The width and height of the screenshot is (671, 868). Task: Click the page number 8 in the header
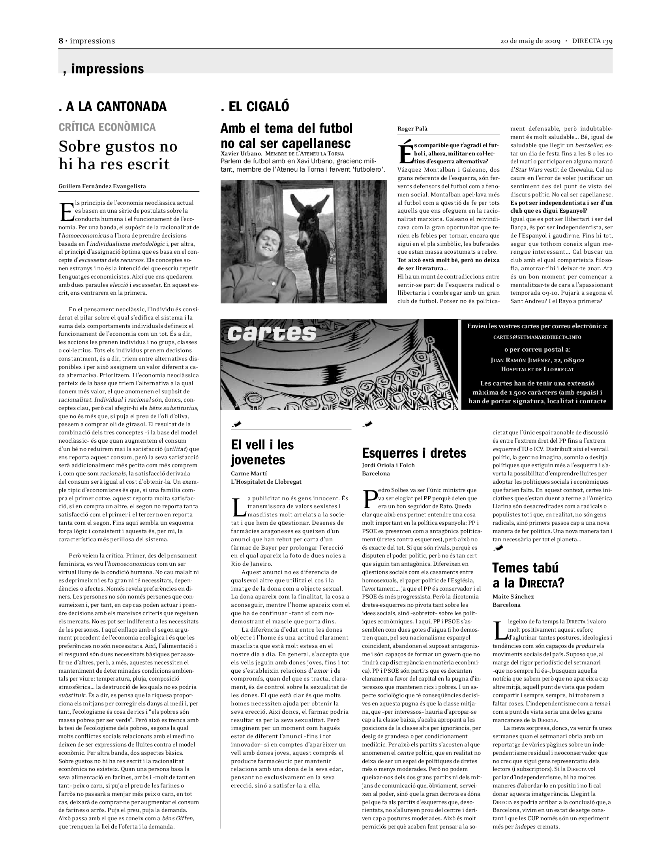[61, 41]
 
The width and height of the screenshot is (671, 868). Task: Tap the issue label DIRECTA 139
[592, 41]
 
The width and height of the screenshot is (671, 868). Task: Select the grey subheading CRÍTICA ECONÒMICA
[107, 127]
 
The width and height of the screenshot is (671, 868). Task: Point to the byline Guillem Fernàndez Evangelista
[102, 186]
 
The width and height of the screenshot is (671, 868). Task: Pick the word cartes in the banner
[272, 333]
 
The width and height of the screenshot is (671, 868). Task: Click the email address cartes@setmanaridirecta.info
[537, 337]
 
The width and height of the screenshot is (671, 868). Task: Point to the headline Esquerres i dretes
[414, 453]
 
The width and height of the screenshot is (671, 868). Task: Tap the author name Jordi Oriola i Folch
[388, 465]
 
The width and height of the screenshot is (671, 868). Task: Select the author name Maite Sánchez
[513, 596]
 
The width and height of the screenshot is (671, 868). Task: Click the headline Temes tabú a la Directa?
[528, 575]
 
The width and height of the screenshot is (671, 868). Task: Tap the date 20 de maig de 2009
[530, 41]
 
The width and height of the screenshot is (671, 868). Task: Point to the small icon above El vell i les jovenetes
[236, 425]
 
